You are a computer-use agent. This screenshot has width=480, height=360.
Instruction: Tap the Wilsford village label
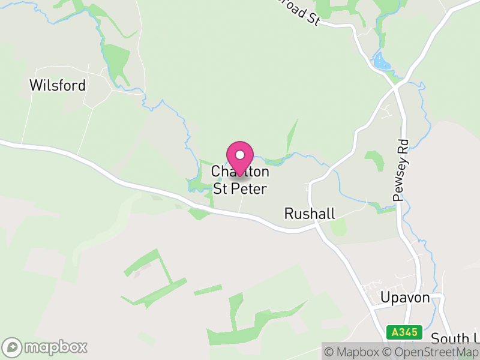pyautogui.click(x=58, y=85)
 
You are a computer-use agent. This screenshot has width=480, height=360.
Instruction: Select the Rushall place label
pyautogui.click(x=309, y=214)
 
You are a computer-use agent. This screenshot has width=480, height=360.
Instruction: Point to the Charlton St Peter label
pyautogui.click(x=240, y=179)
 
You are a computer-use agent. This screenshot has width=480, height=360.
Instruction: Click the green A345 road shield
pyautogui.click(x=404, y=332)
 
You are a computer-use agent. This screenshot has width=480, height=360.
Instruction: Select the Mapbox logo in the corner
pyautogui.click(x=45, y=347)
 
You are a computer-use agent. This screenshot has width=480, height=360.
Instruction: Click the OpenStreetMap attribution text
pyautogui.click(x=431, y=352)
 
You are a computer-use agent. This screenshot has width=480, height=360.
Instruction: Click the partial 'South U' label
pyautogui.click(x=455, y=338)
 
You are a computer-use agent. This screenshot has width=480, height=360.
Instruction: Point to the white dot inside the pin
pyautogui.click(x=240, y=155)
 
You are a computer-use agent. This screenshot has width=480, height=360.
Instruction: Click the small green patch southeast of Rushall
pyautogui.click(x=338, y=227)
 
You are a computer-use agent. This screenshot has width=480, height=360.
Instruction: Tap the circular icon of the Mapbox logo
pyautogui.click(x=12, y=347)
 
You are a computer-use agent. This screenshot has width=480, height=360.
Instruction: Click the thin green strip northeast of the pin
pyautogui.click(x=292, y=135)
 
